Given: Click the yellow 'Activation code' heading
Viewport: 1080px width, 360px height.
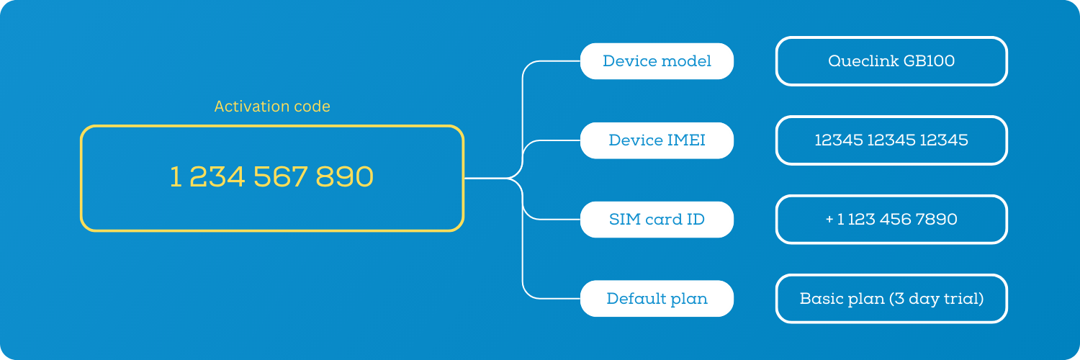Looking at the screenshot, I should (x=272, y=107).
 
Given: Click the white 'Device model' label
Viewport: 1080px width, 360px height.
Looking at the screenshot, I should (x=657, y=61).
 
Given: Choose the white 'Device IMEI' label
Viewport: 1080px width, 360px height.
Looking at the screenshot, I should (x=657, y=140).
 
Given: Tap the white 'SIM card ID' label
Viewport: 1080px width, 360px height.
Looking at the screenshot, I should (x=657, y=220).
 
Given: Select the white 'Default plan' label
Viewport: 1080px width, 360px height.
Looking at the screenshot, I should (x=657, y=299).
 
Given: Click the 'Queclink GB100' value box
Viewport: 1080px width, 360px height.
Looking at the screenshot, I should (x=891, y=61).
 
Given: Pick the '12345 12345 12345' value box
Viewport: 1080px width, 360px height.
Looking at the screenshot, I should (x=891, y=140).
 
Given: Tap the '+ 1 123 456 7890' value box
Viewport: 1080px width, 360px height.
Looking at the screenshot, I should (x=891, y=220).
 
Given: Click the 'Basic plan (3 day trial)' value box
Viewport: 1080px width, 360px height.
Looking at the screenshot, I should (x=891, y=299).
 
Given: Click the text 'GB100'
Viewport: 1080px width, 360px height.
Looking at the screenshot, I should (x=930, y=61).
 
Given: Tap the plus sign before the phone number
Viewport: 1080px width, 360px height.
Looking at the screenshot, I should (x=829, y=220).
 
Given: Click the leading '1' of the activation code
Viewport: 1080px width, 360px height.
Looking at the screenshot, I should (x=175, y=177).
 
